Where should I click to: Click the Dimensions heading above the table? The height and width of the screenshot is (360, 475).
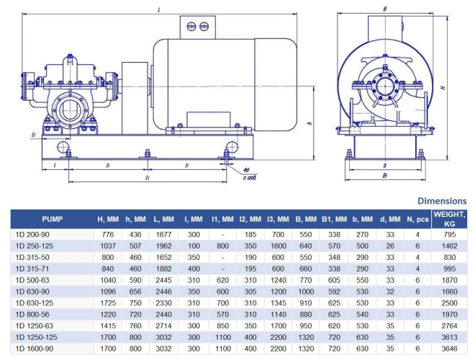[x=442, y=201]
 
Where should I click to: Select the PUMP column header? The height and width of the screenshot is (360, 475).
[x=52, y=218]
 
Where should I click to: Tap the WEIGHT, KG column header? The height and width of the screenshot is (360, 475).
[x=450, y=219]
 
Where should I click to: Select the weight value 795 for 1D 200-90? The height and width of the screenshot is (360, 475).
[x=450, y=234]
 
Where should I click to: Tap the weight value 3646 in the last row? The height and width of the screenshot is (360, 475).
[x=450, y=348]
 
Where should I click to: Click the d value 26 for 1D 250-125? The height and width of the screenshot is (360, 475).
[x=389, y=245]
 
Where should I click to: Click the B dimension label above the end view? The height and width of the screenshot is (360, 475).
[x=385, y=9]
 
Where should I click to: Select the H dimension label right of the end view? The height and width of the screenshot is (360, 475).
[x=446, y=86]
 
